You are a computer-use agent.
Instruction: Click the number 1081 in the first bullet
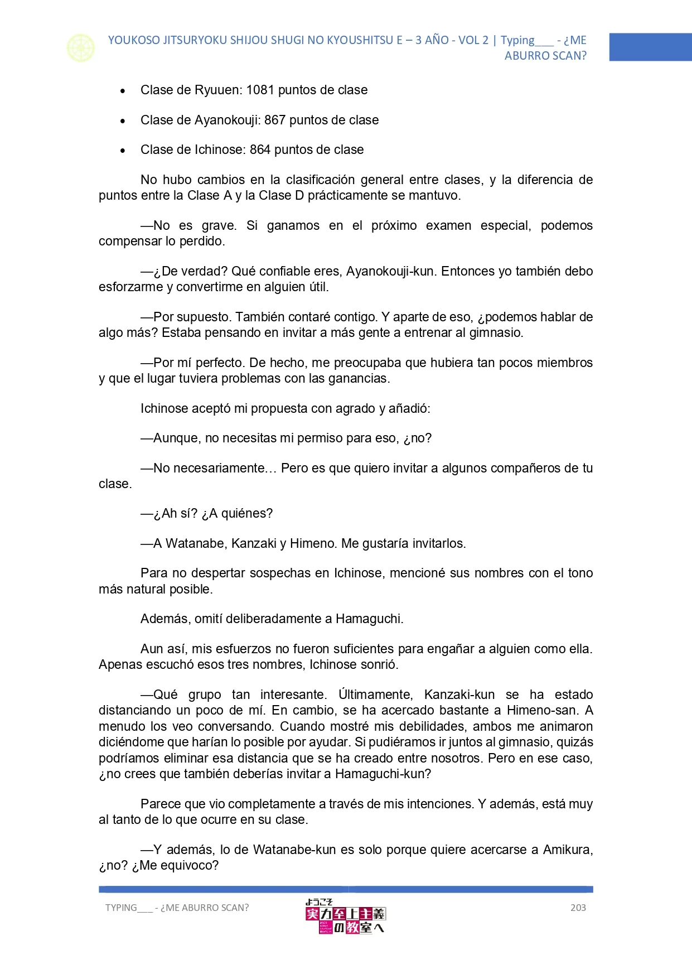point(260,90)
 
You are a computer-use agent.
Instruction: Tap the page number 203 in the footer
point(578,908)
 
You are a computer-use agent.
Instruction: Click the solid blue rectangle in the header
point(650,47)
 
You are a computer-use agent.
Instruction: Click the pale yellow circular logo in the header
point(81,48)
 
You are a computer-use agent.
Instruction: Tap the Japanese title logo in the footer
point(345,917)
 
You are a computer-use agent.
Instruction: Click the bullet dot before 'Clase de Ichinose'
point(123,150)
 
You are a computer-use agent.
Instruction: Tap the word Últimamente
point(375,695)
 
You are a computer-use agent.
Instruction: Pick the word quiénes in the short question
point(246,513)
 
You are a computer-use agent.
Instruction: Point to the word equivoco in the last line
point(191,865)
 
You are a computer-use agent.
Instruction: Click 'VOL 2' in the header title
point(473,40)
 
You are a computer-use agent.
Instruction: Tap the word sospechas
point(291,573)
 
